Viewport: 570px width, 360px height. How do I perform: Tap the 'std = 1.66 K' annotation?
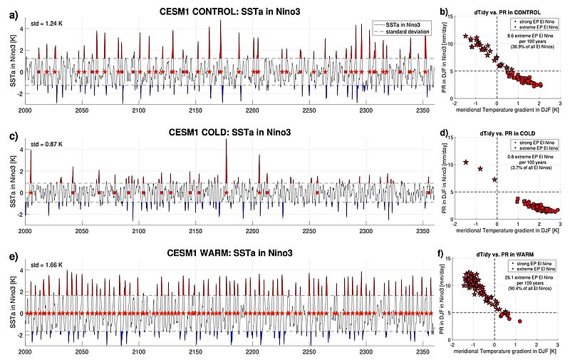click(x=44, y=267)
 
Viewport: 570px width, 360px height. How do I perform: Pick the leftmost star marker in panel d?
click(x=466, y=163)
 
